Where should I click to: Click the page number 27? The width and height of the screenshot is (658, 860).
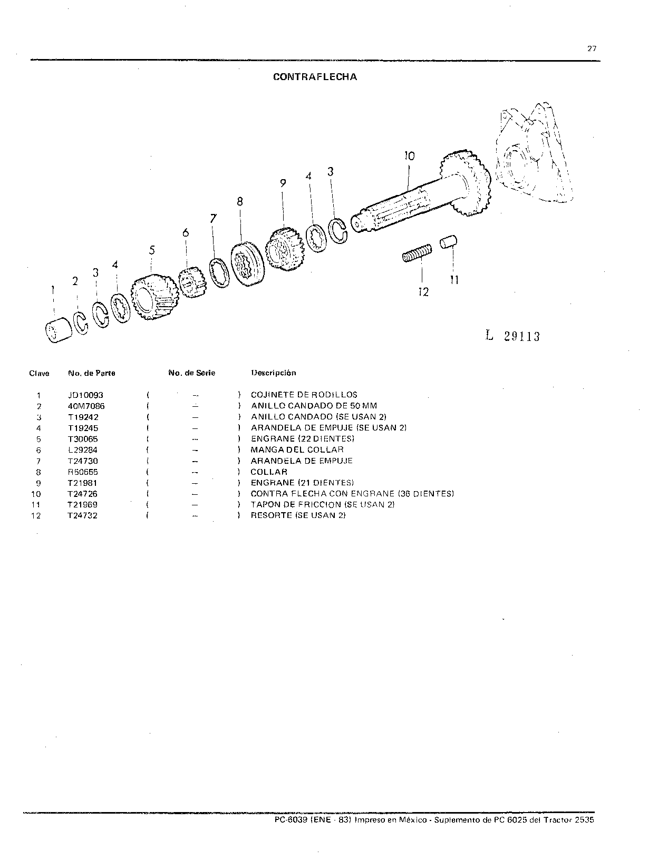[x=592, y=48]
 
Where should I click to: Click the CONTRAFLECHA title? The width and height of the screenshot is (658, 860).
[x=315, y=77]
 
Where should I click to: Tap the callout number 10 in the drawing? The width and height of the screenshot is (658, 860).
[x=409, y=156]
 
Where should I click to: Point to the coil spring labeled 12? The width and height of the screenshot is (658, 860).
[x=417, y=253]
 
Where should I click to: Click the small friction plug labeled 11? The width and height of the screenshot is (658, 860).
[x=448, y=241]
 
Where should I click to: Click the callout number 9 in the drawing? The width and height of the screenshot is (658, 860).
[x=283, y=183]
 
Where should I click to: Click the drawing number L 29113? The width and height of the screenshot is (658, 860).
[x=512, y=336]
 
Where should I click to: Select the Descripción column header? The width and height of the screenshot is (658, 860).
[x=274, y=373]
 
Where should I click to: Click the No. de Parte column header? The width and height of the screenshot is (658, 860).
[x=92, y=373]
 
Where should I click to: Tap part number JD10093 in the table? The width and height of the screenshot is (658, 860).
[x=85, y=395]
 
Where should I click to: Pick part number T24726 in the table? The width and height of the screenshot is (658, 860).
[x=82, y=494]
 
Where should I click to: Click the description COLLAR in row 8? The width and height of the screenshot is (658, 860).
[x=269, y=472]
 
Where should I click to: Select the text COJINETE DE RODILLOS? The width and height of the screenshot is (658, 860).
[x=304, y=395]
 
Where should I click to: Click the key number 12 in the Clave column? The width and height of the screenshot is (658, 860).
[x=36, y=515]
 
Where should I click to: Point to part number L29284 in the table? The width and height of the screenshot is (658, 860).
[x=83, y=450]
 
